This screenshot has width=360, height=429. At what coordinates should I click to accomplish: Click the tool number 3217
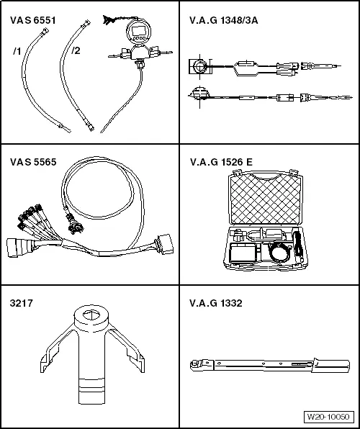(x=22, y=304)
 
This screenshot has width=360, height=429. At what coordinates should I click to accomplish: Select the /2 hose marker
(x=76, y=50)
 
